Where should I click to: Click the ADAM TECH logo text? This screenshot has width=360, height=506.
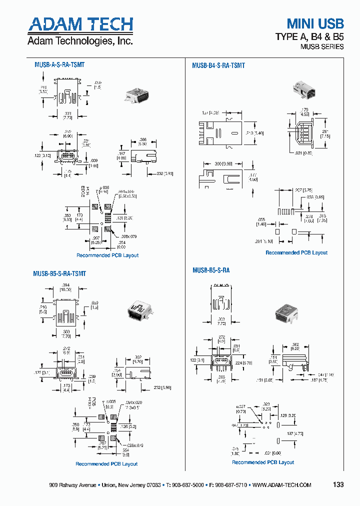80,25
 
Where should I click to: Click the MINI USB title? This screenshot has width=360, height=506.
315,23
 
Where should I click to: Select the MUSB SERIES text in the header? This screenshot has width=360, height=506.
321,46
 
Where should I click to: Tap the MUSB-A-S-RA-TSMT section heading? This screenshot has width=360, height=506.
59,65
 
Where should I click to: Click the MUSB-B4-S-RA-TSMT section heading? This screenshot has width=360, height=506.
218,65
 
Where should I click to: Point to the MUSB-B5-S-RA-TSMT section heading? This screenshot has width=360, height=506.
59,273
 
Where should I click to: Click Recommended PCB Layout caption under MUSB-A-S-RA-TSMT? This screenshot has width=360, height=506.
107,255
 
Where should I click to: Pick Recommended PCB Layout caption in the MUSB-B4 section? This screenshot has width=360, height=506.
296,252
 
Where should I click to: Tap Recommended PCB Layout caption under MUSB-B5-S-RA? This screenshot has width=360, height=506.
263,462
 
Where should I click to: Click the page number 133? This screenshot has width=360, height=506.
338,485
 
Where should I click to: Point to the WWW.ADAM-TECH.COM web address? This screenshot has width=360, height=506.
282,485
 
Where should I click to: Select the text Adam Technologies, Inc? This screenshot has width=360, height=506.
80,41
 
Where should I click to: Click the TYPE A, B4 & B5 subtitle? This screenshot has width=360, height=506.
310,36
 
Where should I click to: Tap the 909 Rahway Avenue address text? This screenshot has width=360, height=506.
73,485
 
